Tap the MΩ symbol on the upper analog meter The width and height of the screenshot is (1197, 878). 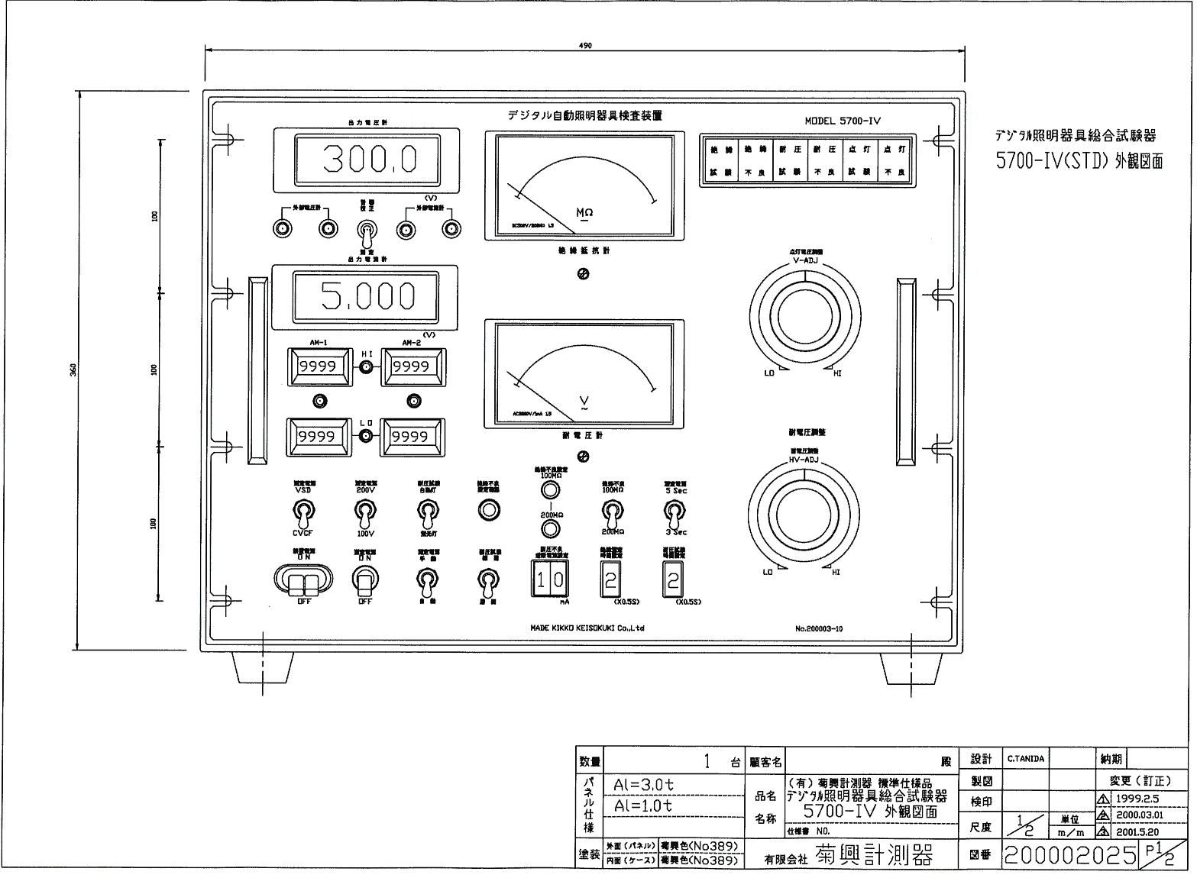click(584, 212)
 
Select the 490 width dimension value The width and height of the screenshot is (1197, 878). click(586, 45)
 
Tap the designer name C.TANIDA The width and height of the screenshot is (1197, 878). click(1025, 759)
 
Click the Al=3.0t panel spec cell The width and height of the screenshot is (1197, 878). click(644, 785)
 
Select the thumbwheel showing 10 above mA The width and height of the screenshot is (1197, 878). click(549, 579)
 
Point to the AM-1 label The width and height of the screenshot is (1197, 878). click(318, 343)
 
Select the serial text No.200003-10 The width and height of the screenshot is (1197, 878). click(818, 628)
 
